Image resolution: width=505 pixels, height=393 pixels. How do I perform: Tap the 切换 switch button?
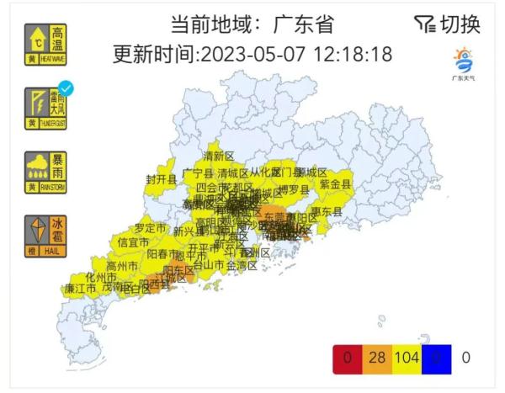coord(448,24)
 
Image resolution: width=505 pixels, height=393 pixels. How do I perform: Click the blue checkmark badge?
coord(66,88)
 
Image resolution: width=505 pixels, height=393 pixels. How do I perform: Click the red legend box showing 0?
coord(347,358)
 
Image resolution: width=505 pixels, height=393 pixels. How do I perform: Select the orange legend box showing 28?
coord(376,358)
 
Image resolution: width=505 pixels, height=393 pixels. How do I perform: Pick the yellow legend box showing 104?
coord(407,358)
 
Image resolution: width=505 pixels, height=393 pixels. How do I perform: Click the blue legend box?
coord(436,358)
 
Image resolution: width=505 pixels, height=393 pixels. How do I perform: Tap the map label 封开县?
coord(161,179)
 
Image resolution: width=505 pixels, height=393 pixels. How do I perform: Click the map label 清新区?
coord(218,156)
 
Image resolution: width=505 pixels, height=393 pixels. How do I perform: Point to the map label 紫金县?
coord(334,183)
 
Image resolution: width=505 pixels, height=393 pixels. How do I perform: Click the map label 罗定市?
coord(151,228)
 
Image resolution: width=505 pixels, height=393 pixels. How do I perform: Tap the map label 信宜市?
coord(133,242)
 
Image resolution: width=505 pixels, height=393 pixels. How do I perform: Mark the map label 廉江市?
coord(81,288)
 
